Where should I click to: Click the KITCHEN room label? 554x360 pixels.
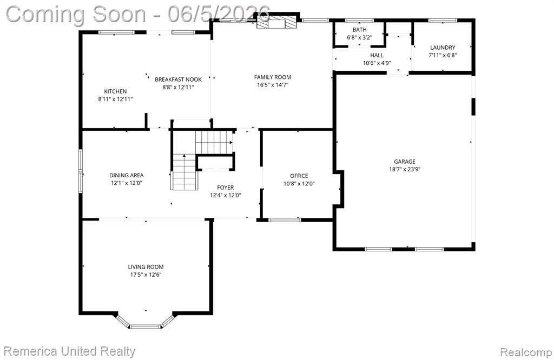[115, 91]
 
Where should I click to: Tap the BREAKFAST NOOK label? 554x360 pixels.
[178, 79]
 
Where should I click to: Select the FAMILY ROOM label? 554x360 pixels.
[273, 77]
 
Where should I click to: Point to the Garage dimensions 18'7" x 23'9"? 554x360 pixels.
[405, 169]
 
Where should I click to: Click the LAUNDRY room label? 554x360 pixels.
[443, 47]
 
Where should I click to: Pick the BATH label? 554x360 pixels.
[359, 30]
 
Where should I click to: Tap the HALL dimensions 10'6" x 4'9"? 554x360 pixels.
[377, 63]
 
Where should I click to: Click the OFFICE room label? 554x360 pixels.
[299, 176]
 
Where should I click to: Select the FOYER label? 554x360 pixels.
[225, 188]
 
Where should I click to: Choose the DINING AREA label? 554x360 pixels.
[126, 175]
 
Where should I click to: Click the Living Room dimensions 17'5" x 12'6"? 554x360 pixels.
[146, 275]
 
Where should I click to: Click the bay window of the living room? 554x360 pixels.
[145, 322]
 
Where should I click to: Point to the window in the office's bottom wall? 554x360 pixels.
[285, 220]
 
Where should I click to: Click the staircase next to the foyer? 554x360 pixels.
[198, 161]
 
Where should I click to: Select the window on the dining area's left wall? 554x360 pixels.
[81, 171]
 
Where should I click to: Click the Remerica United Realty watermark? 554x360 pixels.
[69, 351]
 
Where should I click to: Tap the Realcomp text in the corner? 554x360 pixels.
[526, 352]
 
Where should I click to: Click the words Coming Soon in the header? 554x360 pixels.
[76, 15]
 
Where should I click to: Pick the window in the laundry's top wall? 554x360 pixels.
[443, 21]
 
